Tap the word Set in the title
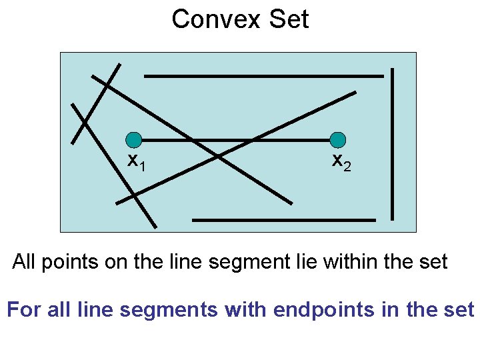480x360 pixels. point(289,19)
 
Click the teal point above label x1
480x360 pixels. point(134,140)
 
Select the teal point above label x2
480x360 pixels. point(338,140)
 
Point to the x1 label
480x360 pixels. point(137,161)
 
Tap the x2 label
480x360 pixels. point(341,161)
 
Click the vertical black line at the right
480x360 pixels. point(393,143)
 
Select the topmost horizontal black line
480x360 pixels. point(263,76)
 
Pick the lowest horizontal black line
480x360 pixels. point(283,219)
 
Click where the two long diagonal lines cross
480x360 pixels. point(218,157)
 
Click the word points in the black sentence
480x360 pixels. point(69,262)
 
